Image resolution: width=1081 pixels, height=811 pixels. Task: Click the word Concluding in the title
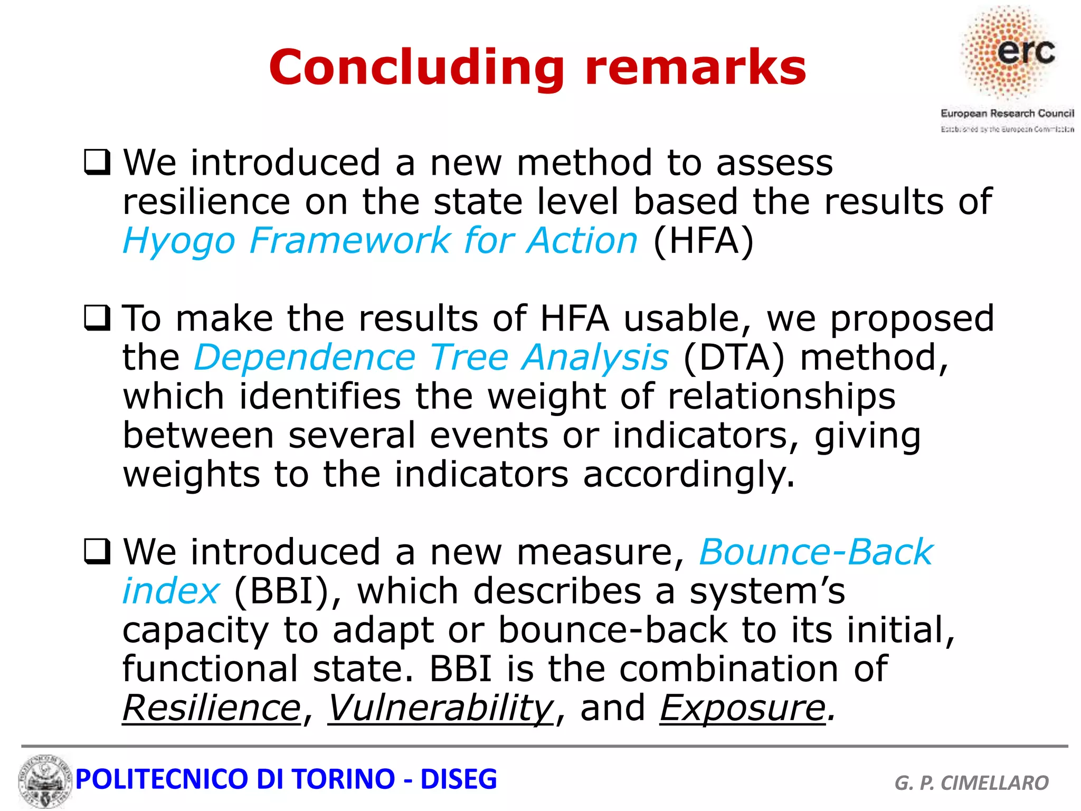pos(416,68)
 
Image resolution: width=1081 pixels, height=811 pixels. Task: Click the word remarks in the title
pos(696,68)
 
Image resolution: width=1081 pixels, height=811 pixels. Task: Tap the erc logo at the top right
pos(1010,53)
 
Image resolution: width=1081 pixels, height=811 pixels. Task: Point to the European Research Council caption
pos(1007,114)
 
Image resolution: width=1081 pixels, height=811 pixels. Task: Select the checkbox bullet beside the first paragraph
pos(97,163)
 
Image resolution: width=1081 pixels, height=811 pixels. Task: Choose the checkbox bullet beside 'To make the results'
pos(97,318)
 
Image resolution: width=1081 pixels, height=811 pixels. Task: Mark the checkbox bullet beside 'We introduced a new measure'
pos(97,552)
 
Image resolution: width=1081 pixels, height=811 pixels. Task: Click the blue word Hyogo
pos(178,241)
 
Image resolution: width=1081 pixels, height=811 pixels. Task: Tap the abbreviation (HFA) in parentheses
pos(703,241)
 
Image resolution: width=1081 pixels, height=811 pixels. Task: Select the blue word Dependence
pos(305,357)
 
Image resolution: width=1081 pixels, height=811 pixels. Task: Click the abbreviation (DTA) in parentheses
pos(734,357)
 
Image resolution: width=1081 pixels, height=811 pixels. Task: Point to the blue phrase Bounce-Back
pos(816,552)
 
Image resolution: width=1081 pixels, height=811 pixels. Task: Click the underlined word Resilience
pos(212,708)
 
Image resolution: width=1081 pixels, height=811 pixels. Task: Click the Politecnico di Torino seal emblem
pos(44,781)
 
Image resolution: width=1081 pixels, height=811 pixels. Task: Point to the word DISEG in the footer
pos(458,779)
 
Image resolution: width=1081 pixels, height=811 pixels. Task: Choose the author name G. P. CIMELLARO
pos(971,782)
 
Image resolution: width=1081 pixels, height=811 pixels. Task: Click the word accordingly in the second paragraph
pos(688,475)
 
